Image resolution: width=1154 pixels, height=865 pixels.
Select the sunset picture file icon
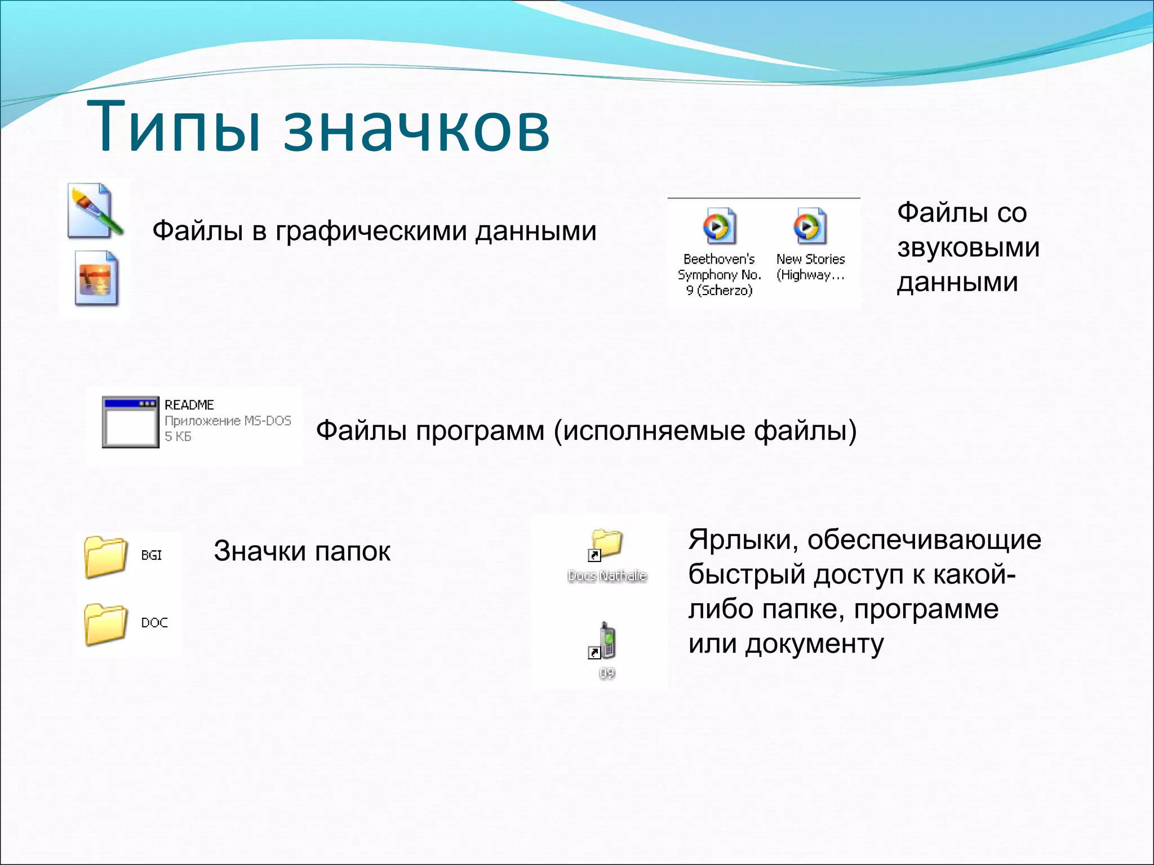(x=96, y=279)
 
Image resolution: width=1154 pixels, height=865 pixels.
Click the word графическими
(x=371, y=231)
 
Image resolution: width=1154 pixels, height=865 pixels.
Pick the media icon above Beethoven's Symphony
(x=718, y=226)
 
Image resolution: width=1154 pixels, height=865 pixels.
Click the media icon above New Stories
(x=810, y=226)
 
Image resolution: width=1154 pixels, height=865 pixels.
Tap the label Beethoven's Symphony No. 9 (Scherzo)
(x=719, y=275)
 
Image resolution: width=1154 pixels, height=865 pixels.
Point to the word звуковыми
(x=968, y=247)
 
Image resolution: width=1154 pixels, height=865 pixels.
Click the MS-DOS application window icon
(x=130, y=422)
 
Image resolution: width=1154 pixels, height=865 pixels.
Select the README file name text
(x=189, y=405)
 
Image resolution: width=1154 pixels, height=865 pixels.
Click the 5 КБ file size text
(x=178, y=436)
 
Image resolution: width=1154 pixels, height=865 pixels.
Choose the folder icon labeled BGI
(x=105, y=556)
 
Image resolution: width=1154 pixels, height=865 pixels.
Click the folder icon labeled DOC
(x=105, y=623)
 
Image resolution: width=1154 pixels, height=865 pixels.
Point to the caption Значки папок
(x=301, y=551)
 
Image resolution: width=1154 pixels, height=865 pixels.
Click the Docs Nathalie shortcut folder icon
(x=605, y=545)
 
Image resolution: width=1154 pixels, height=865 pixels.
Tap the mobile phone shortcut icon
(x=605, y=641)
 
